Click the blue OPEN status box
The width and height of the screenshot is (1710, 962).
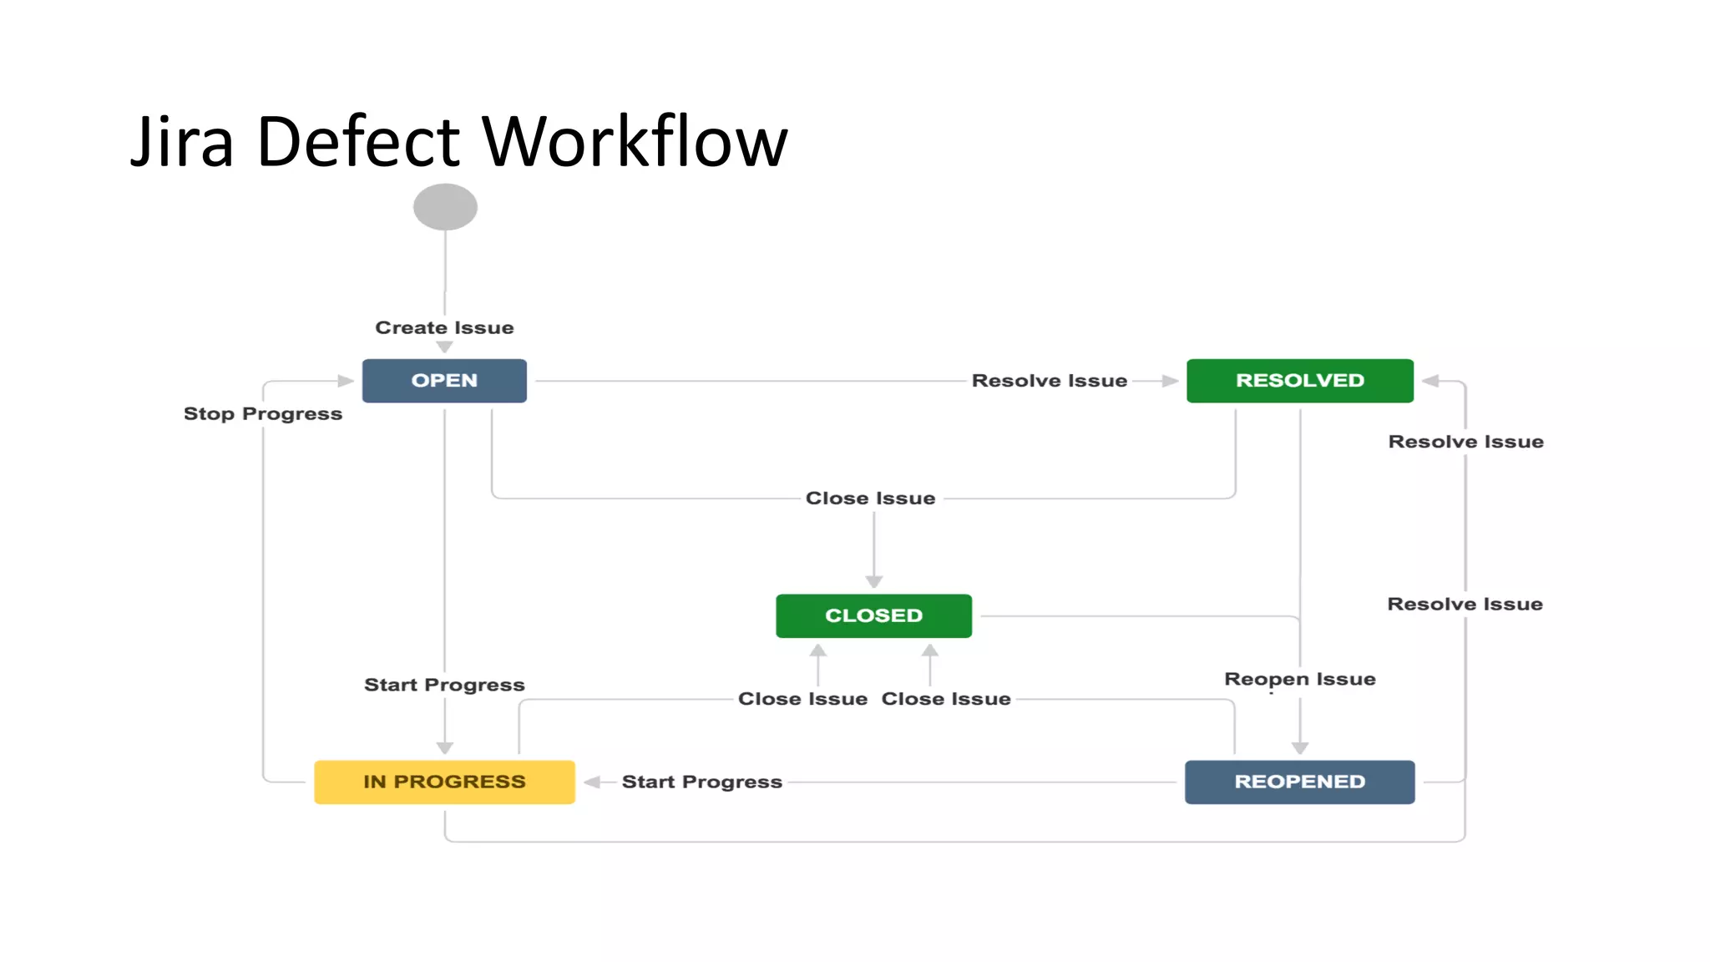[x=444, y=381]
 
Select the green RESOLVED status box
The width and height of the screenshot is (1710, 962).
[x=1299, y=381]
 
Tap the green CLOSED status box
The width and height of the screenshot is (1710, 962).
[x=873, y=615]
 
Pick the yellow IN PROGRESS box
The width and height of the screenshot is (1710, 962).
[x=444, y=782]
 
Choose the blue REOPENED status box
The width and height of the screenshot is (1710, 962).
[x=1299, y=782]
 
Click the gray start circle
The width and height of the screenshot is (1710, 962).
[x=445, y=207]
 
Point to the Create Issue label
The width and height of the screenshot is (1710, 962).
[x=444, y=327]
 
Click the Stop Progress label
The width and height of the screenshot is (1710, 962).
[x=263, y=413]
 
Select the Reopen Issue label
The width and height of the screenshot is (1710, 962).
[x=1299, y=679]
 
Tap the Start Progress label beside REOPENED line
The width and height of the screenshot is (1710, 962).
[x=701, y=782]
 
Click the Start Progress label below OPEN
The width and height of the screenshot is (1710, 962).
[x=444, y=685]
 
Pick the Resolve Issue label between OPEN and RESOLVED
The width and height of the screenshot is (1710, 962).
[x=1050, y=381]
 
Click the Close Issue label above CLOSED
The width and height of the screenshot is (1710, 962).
[x=870, y=499]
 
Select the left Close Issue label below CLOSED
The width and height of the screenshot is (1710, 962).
[x=802, y=699]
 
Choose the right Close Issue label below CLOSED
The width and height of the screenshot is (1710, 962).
[x=946, y=699]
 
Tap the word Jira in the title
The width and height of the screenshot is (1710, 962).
[x=182, y=142]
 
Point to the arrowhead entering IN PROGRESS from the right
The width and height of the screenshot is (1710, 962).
[x=592, y=782]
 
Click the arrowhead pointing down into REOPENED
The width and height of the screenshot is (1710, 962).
[x=1300, y=747]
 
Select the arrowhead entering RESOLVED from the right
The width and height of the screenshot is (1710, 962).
[x=1430, y=381]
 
